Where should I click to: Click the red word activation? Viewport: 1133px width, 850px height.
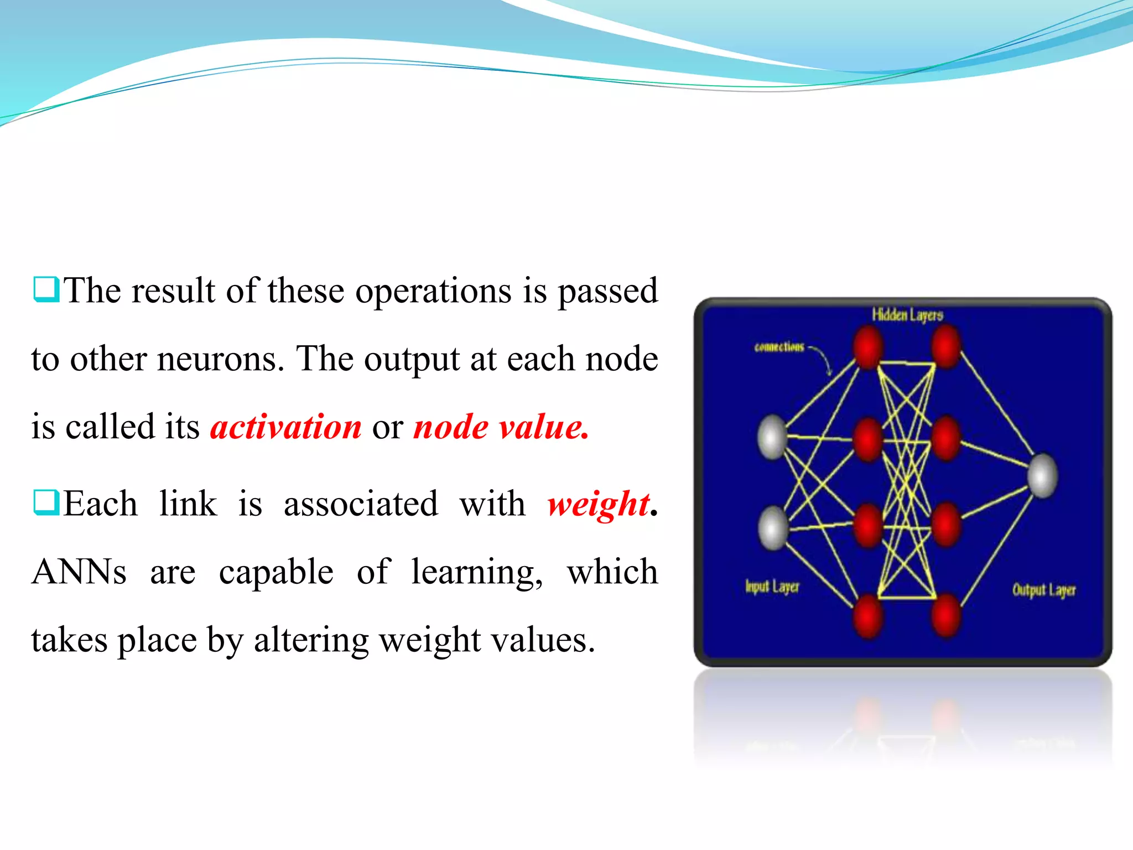(x=285, y=427)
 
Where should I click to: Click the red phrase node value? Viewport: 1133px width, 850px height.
(x=501, y=427)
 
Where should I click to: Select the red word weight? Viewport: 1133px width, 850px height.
(x=597, y=504)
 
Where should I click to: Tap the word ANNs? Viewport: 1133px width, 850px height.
(x=79, y=572)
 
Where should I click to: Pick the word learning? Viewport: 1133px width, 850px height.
(x=477, y=573)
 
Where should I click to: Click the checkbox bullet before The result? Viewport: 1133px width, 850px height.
(x=46, y=289)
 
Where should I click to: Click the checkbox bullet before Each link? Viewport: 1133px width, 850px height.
(x=46, y=502)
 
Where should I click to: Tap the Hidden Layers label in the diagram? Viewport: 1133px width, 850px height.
(x=907, y=315)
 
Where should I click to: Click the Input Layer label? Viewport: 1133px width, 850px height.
(x=772, y=587)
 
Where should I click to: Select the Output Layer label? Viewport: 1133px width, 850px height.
(x=1044, y=590)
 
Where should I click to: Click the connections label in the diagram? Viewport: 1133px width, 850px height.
(x=779, y=347)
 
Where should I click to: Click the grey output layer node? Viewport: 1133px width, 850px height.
(x=1043, y=475)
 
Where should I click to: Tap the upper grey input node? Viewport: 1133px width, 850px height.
(x=772, y=437)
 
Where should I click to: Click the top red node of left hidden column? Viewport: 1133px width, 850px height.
(x=867, y=347)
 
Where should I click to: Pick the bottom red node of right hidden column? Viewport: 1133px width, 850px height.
(x=946, y=614)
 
